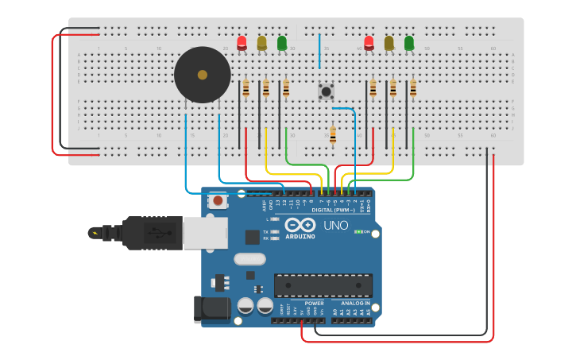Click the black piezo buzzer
[x=203, y=75]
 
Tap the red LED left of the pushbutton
[x=242, y=42]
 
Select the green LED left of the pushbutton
[x=282, y=42]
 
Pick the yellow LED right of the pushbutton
[x=389, y=42]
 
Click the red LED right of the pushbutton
[x=369, y=42]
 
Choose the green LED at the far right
[x=409, y=42]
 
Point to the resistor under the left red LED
[x=245, y=88]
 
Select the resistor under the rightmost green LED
[x=413, y=88]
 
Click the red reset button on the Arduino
[x=218, y=201]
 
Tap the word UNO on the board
[x=335, y=226]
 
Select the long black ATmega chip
[x=323, y=285]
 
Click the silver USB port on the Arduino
[x=204, y=233]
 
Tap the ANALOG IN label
[x=355, y=303]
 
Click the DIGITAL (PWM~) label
[x=334, y=210]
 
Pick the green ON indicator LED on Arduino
[x=357, y=232]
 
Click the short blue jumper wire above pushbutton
[x=319, y=51]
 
